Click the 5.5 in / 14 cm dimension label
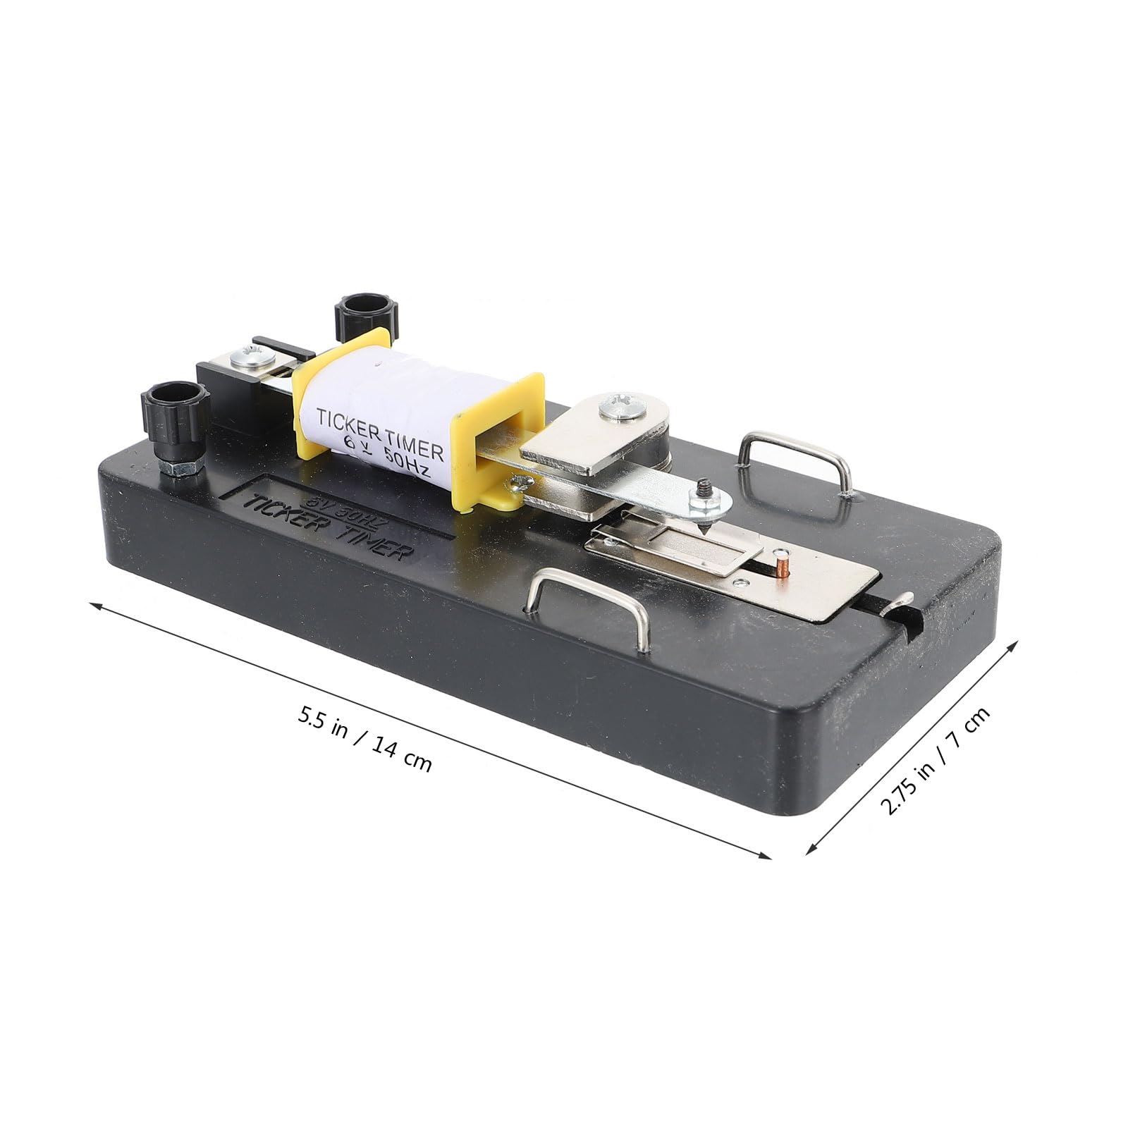[x=364, y=740]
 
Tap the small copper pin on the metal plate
[x=780, y=565]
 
